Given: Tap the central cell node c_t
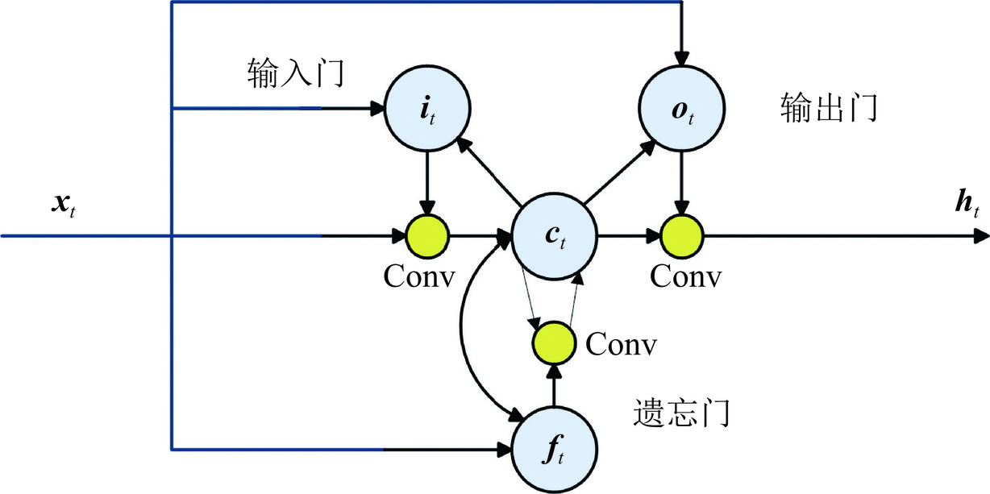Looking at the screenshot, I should point(554,237).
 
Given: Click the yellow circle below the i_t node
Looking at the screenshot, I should point(426,237).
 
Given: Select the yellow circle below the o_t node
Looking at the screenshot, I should point(682,237).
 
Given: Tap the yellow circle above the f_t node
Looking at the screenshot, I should point(554,343).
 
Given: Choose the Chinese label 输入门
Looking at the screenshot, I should point(296,74).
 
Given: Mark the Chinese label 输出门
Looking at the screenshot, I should point(829,107).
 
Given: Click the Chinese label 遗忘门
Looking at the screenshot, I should point(680,413).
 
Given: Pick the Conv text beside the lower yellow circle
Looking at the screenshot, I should point(621,345).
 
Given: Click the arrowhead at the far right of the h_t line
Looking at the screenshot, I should point(982,237).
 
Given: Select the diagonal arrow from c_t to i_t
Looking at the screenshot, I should point(488,170).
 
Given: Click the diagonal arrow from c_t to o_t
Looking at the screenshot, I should point(619,171).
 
